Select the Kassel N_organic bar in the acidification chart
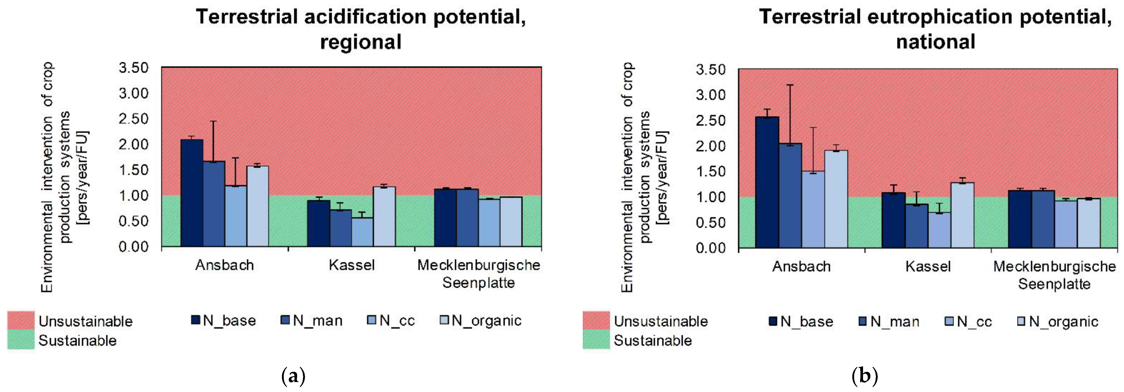coord(384,216)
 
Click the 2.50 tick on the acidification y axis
coord(134,119)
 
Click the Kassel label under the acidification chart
coord(351,265)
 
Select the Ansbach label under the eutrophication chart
coord(801,266)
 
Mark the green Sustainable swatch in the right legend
coord(596,340)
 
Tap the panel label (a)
coord(293,376)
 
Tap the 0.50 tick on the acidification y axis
coord(134,221)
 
